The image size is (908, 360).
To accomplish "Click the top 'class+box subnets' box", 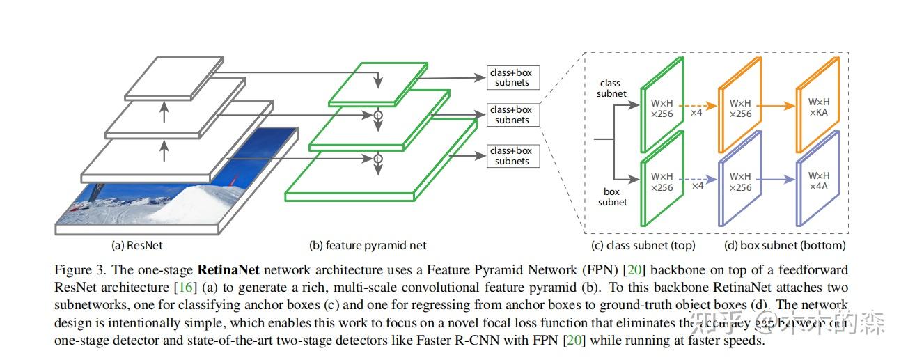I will click(x=512, y=77).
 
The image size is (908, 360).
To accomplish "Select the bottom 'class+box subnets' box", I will click(x=512, y=156).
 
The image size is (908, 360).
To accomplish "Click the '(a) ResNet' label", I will click(x=137, y=245).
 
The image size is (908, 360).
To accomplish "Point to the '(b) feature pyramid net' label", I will click(x=368, y=245).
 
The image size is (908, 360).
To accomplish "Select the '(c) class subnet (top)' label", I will click(x=643, y=245).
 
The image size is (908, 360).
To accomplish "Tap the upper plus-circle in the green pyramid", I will click(x=379, y=114).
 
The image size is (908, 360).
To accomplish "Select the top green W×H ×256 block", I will click(x=662, y=105).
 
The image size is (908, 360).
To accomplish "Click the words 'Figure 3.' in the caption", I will click(x=75, y=269).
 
